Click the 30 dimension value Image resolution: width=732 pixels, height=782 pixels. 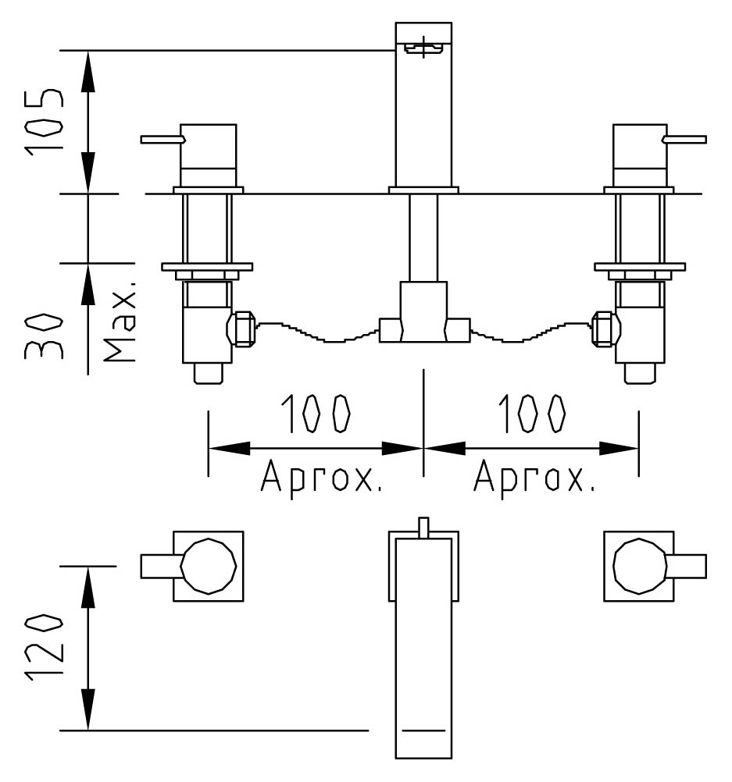tap(45, 336)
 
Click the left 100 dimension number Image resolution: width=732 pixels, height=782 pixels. tap(315, 414)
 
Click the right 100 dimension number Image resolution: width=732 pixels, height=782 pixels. tap(532, 414)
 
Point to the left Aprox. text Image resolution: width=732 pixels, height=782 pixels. tap(322, 478)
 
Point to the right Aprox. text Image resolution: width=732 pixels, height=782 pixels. tap(535, 478)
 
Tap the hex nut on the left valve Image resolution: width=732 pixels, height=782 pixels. tap(241, 329)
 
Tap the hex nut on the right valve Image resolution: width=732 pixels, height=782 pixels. tap(605, 329)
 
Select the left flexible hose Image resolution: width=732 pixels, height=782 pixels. tap(318, 332)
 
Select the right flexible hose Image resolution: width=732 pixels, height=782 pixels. tap(530, 332)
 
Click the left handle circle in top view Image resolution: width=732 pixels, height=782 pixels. tap(209, 566)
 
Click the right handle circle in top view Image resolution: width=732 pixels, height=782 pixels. tap(640, 566)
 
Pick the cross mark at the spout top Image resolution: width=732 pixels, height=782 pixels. tap(423, 47)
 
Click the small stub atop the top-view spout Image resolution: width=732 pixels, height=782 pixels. tap(423, 528)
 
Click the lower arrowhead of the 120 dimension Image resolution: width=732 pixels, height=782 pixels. tap(87, 709)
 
